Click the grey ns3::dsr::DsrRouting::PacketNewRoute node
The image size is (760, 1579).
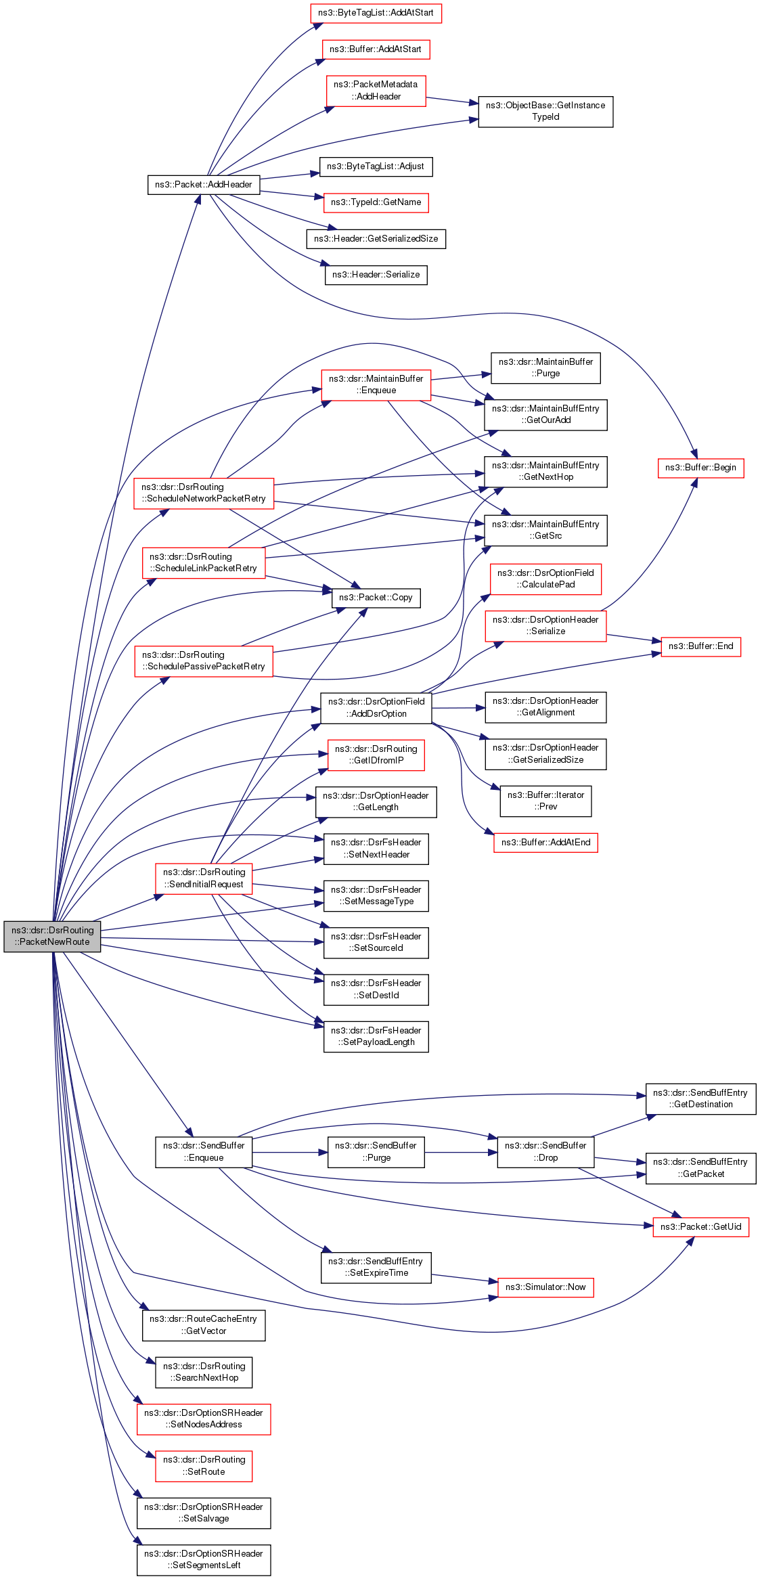point(52,936)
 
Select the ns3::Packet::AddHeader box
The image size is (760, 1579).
point(203,185)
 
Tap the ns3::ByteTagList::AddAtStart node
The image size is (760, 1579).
point(376,14)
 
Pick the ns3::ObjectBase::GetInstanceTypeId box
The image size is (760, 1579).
point(545,112)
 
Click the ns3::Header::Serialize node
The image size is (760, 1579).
point(376,275)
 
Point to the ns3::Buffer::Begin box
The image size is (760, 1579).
point(700,468)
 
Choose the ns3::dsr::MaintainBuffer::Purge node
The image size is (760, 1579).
point(545,368)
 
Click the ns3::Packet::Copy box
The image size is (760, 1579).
point(376,598)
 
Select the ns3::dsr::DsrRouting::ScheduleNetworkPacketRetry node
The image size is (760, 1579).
point(204,493)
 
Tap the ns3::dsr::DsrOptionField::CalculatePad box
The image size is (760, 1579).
point(545,579)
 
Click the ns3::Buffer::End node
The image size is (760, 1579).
point(700,646)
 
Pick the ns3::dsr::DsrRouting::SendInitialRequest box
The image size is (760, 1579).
point(204,879)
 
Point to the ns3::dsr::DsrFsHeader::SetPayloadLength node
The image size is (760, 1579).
point(376,1036)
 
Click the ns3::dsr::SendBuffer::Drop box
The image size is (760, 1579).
point(545,1152)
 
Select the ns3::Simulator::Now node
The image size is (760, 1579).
point(545,1287)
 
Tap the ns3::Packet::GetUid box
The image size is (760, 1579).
point(700,1227)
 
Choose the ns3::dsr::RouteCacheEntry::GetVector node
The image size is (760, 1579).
point(204,1325)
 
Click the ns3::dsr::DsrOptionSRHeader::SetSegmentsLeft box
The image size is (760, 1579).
point(204,1560)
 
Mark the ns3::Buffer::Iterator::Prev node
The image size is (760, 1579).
point(545,801)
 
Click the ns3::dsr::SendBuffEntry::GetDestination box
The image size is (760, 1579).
point(700,1099)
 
